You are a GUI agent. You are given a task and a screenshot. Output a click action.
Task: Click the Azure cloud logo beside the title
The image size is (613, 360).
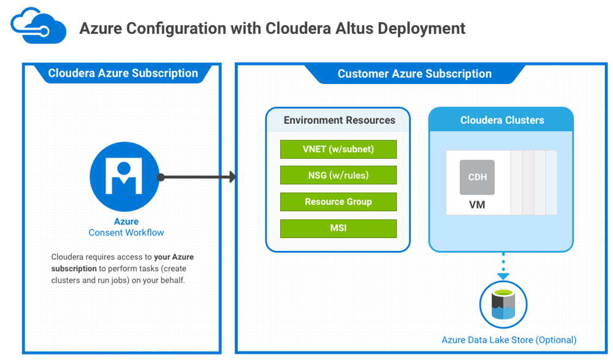[38, 25]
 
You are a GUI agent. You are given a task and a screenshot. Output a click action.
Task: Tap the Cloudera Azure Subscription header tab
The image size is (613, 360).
[123, 73]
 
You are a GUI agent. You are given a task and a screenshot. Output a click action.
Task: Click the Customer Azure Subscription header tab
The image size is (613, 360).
[414, 74]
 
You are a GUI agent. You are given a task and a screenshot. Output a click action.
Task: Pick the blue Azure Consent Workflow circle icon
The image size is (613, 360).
[124, 177]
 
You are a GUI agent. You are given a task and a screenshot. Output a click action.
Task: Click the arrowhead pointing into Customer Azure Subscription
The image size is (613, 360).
[232, 177]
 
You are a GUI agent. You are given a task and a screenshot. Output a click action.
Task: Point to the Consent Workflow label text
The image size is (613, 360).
[126, 232]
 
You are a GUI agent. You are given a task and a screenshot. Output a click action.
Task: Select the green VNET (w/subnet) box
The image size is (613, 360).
[338, 149]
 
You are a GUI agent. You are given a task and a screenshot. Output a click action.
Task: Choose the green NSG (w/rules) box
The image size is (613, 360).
[338, 175]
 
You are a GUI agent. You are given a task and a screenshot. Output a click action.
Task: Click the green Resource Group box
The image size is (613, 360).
[338, 202]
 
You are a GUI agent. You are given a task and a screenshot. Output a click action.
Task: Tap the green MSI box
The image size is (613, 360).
[338, 228]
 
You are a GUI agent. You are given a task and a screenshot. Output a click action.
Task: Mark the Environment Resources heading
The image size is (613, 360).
[340, 120]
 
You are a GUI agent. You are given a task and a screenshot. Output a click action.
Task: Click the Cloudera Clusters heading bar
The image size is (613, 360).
[501, 120]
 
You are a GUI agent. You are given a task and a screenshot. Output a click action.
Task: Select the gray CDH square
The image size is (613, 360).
[477, 177]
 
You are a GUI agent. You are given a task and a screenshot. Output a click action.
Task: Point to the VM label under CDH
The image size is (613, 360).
[477, 205]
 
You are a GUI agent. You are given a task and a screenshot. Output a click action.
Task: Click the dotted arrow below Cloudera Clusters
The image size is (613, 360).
[503, 266]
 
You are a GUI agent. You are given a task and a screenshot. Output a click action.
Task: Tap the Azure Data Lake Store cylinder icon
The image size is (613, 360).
[503, 304]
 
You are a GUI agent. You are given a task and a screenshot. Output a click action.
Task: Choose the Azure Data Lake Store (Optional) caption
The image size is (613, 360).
[509, 340]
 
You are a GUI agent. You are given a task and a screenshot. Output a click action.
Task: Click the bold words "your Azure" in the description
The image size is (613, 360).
[173, 257]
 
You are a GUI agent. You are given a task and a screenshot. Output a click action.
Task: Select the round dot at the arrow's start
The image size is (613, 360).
[161, 177]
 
